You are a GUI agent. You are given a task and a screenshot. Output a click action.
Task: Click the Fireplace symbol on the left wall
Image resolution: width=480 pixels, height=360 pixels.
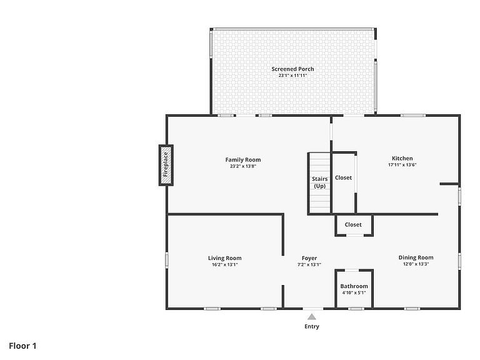click(x=166, y=165)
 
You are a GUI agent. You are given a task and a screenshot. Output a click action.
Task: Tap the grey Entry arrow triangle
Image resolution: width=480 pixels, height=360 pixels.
click(x=312, y=316)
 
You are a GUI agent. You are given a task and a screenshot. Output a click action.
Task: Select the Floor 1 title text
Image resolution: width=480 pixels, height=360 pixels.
click(x=22, y=346)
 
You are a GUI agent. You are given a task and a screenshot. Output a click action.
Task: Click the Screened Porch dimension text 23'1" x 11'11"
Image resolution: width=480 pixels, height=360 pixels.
click(x=292, y=75)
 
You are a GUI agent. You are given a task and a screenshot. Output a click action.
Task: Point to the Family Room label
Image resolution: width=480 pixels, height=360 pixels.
click(x=243, y=159)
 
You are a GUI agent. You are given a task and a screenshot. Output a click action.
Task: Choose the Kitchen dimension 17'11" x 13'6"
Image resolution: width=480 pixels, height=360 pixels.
click(x=402, y=165)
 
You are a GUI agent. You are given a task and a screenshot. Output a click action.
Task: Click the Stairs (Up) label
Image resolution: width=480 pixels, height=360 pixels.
click(x=319, y=182)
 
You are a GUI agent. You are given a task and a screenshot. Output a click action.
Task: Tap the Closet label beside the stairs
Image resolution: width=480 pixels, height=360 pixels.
click(x=343, y=177)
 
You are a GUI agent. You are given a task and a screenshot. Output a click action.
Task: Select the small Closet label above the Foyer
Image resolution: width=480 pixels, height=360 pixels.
click(x=353, y=224)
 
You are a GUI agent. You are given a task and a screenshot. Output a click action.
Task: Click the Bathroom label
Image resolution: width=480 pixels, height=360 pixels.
click(x=354, y=286)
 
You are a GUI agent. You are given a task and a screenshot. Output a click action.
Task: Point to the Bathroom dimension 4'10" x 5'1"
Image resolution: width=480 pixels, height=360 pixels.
click(x=354, y=292)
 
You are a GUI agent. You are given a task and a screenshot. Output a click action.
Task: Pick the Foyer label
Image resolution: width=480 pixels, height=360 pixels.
click(x=309, y=258)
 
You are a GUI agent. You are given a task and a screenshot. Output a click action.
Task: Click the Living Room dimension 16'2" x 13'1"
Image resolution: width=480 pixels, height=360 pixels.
click(x=225, y=264)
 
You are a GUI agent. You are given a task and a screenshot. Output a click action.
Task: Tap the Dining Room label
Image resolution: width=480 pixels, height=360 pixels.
click(x=416, y=257)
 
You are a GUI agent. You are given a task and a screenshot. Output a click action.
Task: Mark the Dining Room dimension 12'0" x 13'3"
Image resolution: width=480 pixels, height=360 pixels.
click(x=416, y=264)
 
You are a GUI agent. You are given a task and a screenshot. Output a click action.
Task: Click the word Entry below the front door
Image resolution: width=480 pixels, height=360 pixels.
click(x=312, y=326)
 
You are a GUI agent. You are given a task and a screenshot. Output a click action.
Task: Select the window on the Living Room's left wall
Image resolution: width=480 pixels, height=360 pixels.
click(x=167, y=260)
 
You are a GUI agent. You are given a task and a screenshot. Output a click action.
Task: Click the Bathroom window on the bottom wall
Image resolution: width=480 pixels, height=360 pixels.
click(x=356, y=309)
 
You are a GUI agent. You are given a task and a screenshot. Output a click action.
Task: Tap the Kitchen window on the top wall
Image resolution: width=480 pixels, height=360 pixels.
click(x=413, y=116)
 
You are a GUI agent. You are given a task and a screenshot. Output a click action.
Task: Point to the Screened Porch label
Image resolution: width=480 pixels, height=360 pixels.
click(x=292, y=69)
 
